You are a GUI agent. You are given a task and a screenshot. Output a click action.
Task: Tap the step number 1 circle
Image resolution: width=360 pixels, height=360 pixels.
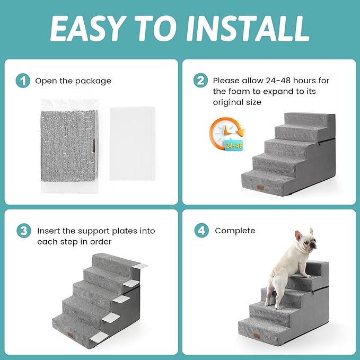coord(22,81)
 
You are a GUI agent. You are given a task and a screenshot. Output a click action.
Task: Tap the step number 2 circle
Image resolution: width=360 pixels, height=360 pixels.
coord(200,81)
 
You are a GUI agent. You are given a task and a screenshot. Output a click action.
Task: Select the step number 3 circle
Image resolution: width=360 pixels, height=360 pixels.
coord(22,231)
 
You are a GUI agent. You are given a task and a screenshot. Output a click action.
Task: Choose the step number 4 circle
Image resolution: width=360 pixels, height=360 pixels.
coord(200,231)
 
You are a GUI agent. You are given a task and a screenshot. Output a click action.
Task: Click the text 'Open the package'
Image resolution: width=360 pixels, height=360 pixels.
coord(73,81)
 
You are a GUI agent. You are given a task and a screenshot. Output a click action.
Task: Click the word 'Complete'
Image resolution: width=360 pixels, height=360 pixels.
coord(235,231)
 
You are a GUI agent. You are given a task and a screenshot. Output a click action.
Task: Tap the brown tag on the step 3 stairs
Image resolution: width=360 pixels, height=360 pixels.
coord(72,335)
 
